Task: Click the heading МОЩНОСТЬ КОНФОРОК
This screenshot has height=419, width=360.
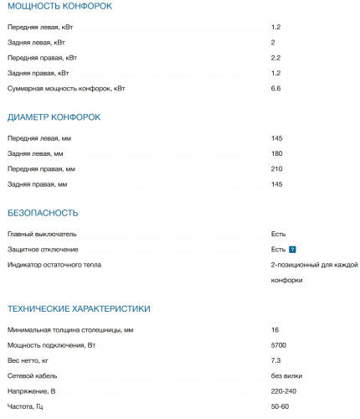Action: point(59,7)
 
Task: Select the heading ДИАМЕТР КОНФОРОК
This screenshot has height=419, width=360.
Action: point(54,116)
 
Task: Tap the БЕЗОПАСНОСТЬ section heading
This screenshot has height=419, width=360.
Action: point(43,213)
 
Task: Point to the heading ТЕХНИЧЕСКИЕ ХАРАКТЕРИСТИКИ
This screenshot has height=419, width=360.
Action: point(79,308)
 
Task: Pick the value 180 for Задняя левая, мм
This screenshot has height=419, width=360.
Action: point(276,153)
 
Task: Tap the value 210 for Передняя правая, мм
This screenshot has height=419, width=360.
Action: point(276,168)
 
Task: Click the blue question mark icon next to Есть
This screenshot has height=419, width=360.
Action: point(292,250)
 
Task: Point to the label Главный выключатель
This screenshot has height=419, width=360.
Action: point(42,235)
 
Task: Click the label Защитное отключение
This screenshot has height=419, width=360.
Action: point(43,250)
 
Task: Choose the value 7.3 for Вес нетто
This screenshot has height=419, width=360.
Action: point(275,360)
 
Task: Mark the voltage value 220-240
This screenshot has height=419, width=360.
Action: point(283,391)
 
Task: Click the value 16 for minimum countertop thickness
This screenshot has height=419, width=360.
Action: point(275,330)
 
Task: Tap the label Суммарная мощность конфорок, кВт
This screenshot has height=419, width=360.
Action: point(66,88)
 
